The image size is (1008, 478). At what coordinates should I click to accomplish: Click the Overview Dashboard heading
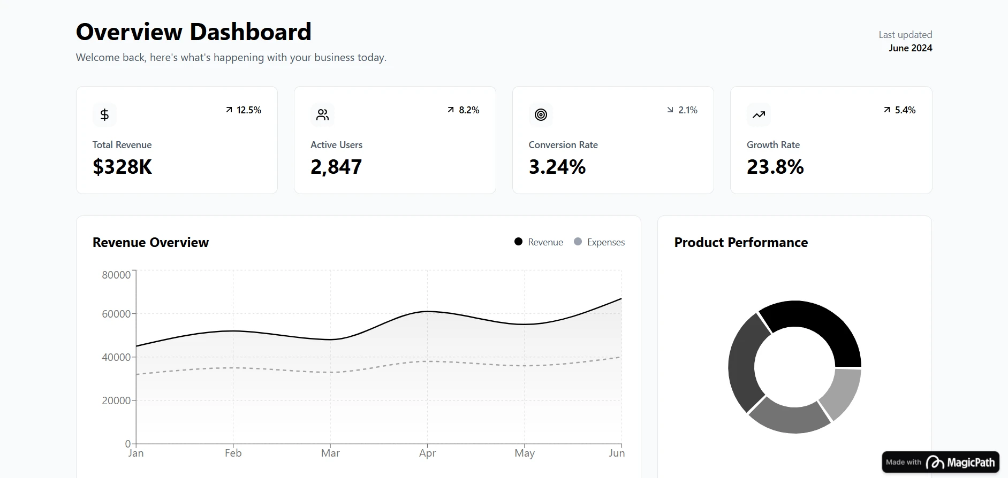(x=193, y=32)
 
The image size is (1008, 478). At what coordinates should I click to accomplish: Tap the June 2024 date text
(x=910, y=48)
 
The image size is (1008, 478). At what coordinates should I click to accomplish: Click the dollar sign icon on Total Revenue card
(x=104, y=114)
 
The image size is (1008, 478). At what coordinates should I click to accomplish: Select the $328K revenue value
(x=122, y=167)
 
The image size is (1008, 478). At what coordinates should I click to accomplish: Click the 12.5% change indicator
(x=244, y=110)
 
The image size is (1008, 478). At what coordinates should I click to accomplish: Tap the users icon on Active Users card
(x=322, y=114)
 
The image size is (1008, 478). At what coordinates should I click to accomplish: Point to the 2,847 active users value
(x=336, y=167)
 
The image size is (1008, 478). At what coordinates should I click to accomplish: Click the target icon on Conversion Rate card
(x=541, y=114)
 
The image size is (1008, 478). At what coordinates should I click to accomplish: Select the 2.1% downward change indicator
(x=683, y=110)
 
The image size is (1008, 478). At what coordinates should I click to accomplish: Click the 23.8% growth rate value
(x=775, y=167)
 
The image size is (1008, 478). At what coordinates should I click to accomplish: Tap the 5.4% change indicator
(x=900, y=110)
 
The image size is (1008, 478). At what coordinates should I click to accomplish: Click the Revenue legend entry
(x=539, y=242)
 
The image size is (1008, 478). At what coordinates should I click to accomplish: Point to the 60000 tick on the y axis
(x=116, y=314)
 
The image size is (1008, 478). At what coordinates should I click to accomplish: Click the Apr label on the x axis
(x=427, y=453)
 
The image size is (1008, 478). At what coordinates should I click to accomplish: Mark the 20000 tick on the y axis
(x=116, y=400)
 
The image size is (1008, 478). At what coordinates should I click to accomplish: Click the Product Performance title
(x=741, y=242)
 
